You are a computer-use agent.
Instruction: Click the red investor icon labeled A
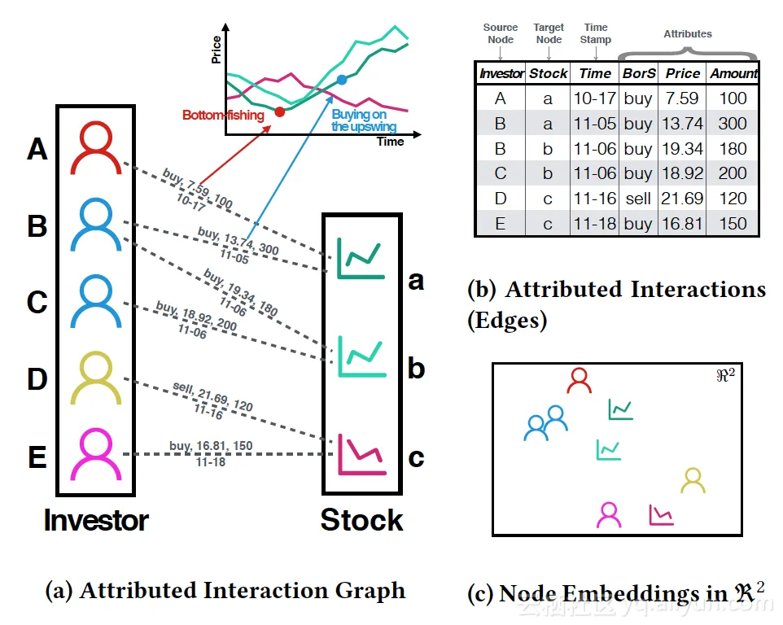click(96, 148)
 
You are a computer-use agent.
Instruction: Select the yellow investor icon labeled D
click(96, 378)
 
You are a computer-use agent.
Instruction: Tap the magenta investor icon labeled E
click(96, 455)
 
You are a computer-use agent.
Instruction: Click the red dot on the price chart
click(280, 111)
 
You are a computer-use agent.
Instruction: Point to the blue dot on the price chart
click(342, 79)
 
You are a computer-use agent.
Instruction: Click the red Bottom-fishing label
click(223, 116)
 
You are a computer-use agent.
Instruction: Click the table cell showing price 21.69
click(682, 199)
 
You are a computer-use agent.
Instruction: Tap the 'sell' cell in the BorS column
click(638, 199)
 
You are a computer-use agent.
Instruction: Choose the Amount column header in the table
click(733, 73)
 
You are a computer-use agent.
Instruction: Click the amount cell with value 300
click(733, 123)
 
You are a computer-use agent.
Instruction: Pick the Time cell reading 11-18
click(595, 224)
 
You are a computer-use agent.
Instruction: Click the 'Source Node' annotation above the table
click(501, 33)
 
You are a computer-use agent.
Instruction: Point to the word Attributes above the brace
click(688, 34)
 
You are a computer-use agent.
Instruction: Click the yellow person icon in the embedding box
click(693, 480)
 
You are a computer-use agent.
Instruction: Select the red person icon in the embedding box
click(579, 380)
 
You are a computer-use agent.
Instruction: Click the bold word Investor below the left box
click(96, 521)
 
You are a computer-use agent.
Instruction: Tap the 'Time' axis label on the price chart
click(391, 142)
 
